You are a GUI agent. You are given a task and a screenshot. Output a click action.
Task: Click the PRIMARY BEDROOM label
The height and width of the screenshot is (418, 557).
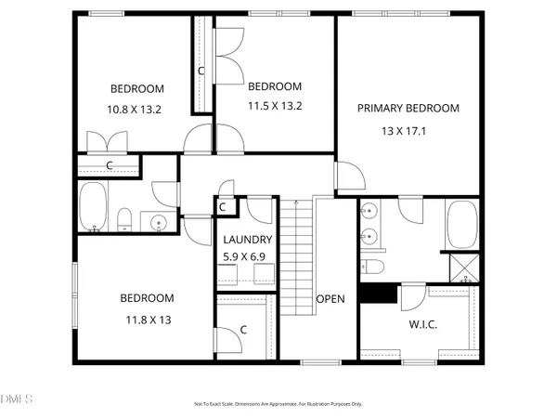click(x=408, y=108)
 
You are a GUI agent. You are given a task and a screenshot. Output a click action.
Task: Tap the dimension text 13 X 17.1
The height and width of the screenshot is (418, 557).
click(x=408, y=131)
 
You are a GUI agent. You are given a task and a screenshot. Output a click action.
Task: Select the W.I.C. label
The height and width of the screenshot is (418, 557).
click(x=423, y=325)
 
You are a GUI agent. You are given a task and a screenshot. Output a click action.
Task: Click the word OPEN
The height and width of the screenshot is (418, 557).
click(x=330, y=299)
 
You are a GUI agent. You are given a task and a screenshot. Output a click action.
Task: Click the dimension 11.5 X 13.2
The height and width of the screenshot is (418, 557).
click(x=275, y=104)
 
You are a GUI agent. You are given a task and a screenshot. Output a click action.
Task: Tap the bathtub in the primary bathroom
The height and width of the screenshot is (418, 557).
click(x=461, y=227)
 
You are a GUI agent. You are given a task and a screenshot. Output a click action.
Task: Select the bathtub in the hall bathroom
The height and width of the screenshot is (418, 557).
click(x=94, y=208)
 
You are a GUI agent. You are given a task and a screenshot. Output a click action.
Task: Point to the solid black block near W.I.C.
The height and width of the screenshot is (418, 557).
click(x=375, y=294)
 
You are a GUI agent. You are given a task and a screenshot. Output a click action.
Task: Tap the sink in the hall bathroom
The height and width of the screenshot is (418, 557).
click(x=159, y=223)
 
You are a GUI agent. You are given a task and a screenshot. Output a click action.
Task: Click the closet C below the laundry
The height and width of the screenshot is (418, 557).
click(x=241, y=329)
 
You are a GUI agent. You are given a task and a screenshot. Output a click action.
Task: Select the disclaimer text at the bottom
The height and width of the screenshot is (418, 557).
click(x=278, y=404)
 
